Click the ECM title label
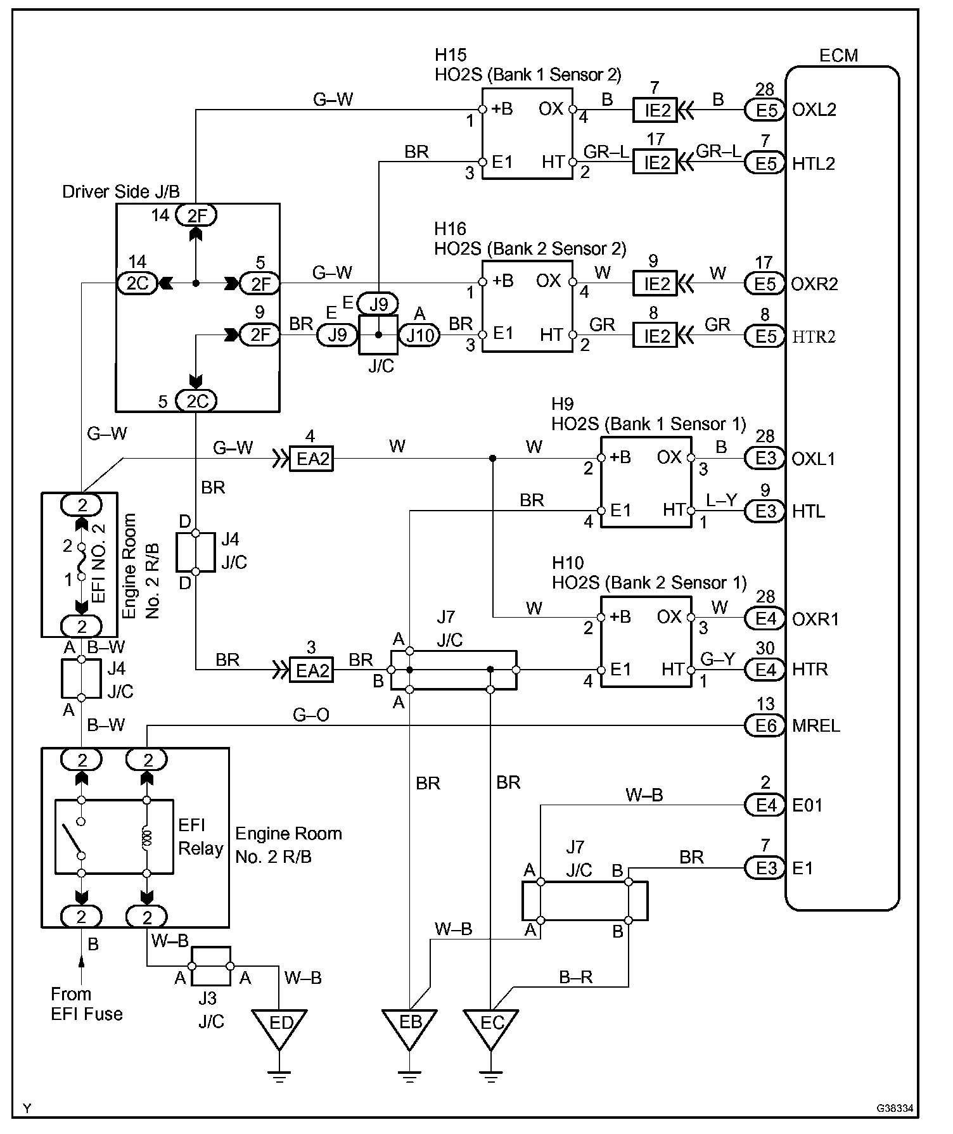(x=838, y=56)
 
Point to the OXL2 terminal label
(x=814, y=110)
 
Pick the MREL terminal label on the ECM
(x=816, y=725)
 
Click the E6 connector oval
(x=765, y=725)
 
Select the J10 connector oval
(x=419, y=335)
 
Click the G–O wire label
(x=310, y=715)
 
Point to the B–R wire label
(x=575, y=977)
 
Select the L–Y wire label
(x=722, y=500)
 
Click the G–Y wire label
(x=717, y=659)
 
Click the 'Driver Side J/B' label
(x=121, y=191)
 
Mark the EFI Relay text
(x=200, y=836)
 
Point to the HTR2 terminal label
(x=814, y=336)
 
